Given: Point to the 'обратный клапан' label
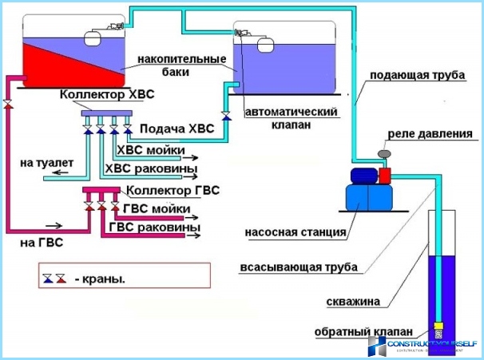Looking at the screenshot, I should point(364,331).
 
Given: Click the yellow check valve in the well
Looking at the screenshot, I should point(438,328).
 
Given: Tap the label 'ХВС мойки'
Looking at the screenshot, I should point(152,149).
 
